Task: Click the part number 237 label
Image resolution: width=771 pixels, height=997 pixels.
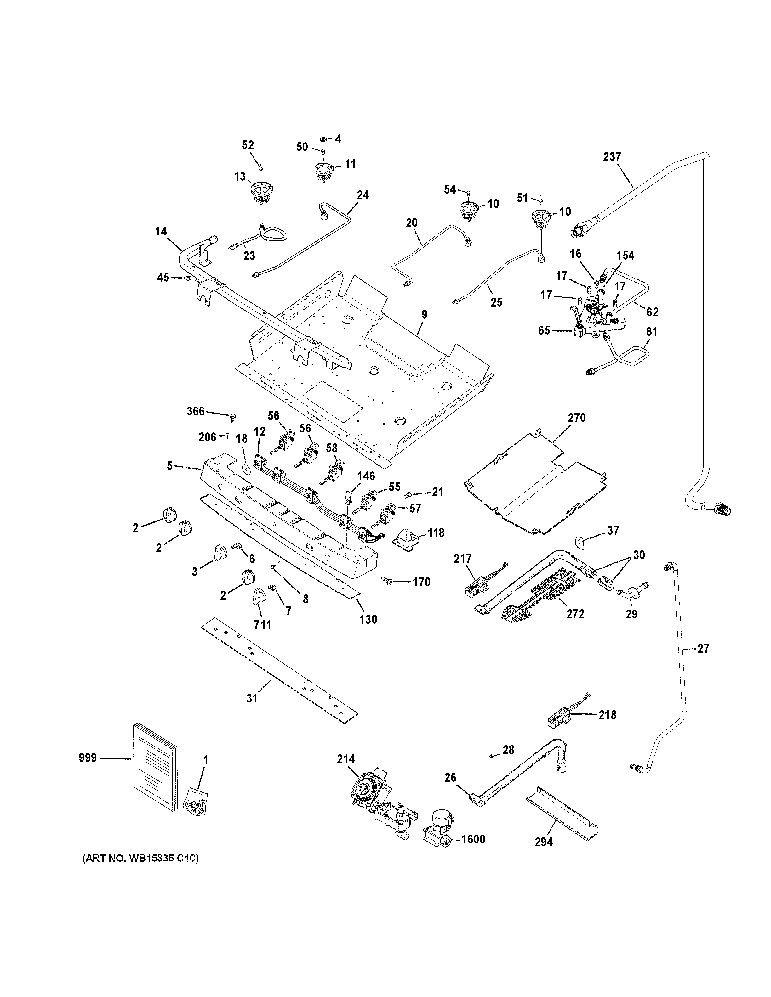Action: coord(612,157)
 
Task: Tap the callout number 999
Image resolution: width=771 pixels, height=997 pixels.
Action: coord(88,758)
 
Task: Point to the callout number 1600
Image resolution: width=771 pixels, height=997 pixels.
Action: coord(473,839)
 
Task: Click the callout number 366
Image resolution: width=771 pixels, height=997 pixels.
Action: coord(196,411)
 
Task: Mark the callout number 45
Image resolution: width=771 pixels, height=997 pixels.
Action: coord(163,278)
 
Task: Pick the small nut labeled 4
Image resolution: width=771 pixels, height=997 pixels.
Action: coord(323,139)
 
